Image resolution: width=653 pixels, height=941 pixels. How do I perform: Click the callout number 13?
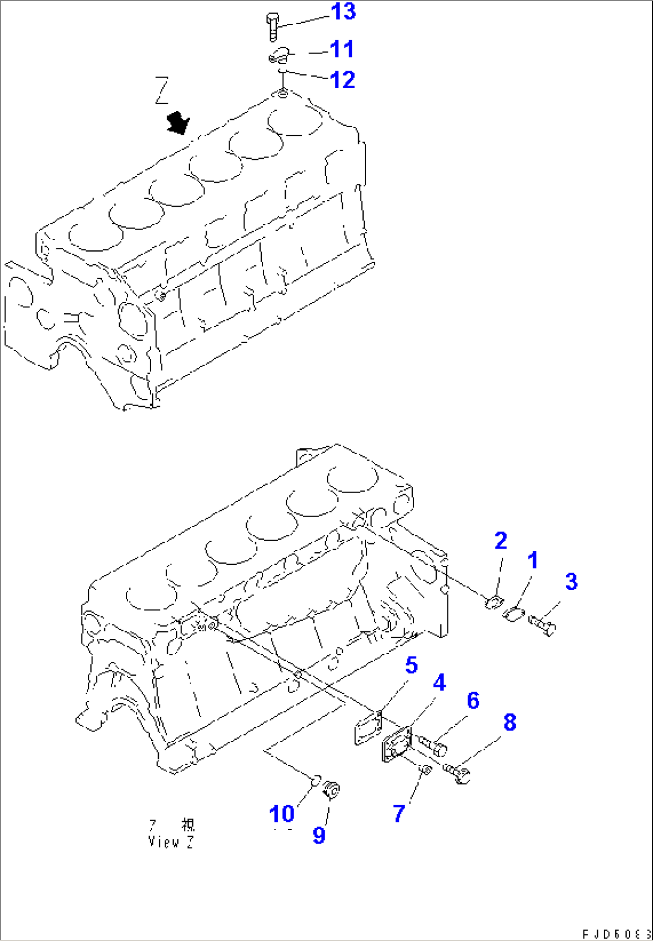pos(343,12)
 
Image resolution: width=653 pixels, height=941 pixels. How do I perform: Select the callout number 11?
pos(342,50)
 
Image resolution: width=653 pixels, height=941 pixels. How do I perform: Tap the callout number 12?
pos(343,80)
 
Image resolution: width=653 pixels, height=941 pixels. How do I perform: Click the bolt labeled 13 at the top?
pos(273,26)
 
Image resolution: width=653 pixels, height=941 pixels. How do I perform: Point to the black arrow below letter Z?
pos(178,123)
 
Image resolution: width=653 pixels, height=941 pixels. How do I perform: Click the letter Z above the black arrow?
pos(162,90)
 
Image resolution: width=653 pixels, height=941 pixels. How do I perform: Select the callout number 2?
pos(501,541)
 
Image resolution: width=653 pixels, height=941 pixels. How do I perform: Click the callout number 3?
pos(572,582)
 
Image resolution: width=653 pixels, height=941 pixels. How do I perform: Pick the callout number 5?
pos(411,665)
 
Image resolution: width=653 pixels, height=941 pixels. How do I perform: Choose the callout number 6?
pos(473,701)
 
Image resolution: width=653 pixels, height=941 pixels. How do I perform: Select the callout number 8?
pos(510,722)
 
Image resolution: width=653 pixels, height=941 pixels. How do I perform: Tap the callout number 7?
pos(399,813)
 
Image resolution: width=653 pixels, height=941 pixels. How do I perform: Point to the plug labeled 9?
pos(331,789)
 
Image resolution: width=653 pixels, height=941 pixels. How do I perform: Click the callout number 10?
pos(282,814)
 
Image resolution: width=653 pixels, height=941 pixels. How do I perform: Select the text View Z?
pos(171,842)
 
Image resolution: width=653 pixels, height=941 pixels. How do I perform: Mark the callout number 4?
pos(439,683)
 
